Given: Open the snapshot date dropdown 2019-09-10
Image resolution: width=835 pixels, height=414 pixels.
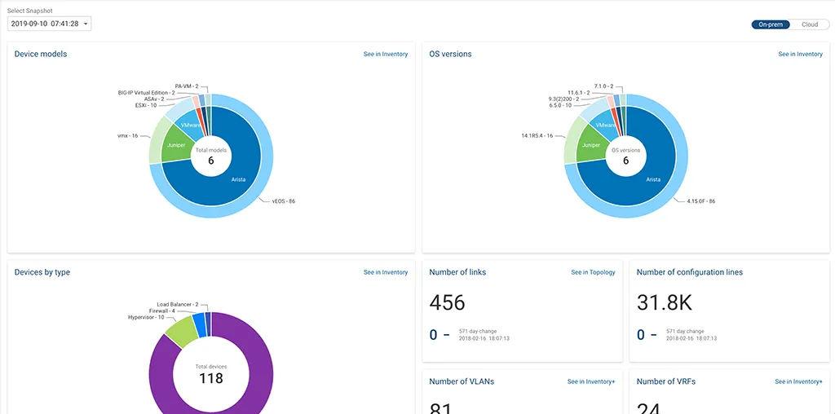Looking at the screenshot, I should pyautogui.click(x=49, y=24).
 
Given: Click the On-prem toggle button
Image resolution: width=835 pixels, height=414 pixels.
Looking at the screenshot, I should pyautogui.click(x=771, y=24).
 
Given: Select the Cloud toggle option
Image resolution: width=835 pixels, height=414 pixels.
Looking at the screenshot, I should pyautogui.click(x=809, y=24).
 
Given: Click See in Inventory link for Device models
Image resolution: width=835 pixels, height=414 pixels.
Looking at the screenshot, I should pyautogui.click(x=385, y=55).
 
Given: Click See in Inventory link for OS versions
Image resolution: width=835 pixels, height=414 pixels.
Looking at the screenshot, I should pyautogui.click(x=800, y=55).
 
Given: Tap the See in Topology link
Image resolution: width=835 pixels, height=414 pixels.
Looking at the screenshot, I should pyautogui.click(x=593, y=272).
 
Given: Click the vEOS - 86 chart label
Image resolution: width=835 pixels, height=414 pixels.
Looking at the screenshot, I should pyautogui.click(x=283, y=200).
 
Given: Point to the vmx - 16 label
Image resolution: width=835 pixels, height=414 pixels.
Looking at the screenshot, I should pyautogui.click(x=127, y=135).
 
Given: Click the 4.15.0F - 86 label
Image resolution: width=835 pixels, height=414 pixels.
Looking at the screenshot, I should pyautogui.click(x=700, y=200).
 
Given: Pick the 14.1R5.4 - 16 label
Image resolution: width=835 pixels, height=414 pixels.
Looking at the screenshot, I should pyautogui.click(x=537, y=135).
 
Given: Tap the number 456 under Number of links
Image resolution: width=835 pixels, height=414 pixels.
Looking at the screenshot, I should pyautogui.click(x=447, y=303).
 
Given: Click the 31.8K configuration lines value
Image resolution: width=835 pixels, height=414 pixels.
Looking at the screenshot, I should pyautogui.click(x=664, y=303).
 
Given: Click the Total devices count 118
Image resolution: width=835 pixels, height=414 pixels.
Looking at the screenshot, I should pyautogui.click(x=211, y=378).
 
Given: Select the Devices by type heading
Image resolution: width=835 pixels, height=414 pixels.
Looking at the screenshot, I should pyautogui.click(x=42, y=272).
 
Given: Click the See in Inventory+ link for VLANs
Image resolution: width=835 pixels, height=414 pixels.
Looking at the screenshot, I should pyautogui.click(x=591, y=381).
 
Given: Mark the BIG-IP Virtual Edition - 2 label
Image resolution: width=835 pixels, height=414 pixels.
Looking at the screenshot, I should pyautogui.click(x=147, y=93).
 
